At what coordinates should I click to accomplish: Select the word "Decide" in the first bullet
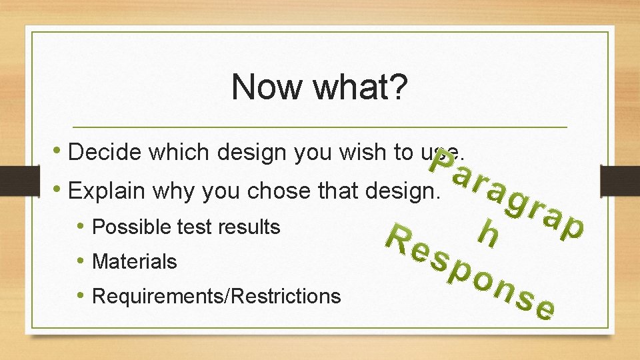pos(106,153)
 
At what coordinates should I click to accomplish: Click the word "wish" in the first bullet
pos(363,153)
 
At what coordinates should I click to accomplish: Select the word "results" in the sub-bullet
pos(250,227)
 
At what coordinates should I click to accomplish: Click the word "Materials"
pos(135,262)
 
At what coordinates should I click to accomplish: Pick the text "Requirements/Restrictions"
pos(216,296)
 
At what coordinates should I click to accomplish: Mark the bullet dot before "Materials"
pos(81,261)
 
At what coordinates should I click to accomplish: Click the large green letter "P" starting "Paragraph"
pos(441,161)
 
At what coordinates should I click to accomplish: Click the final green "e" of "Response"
pos(545,309)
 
